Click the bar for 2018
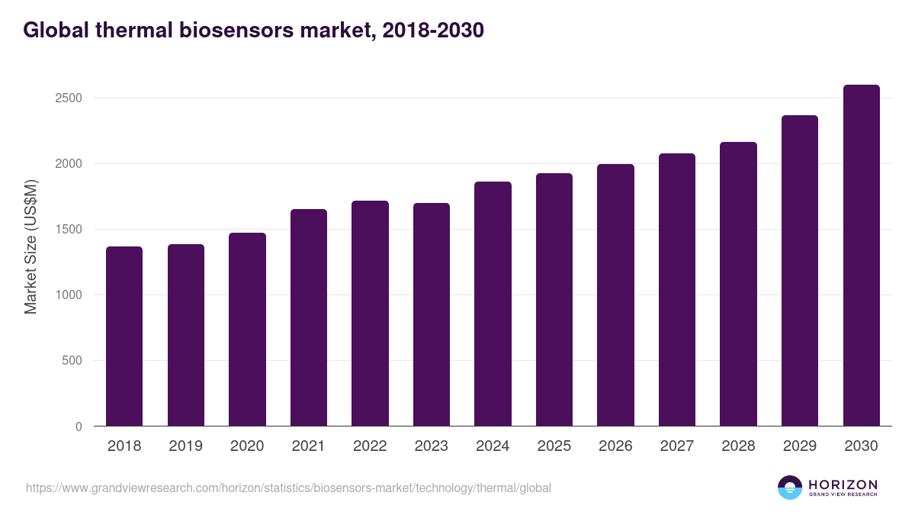(x=124, y=336)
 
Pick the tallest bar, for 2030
(x=861, y=256)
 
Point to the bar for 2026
(x=615, y=295)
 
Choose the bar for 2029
(x=799, y=271)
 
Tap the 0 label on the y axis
(x=79, y=426)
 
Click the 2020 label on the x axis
(x=247, y=446)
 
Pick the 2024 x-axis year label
(x=493, y=446)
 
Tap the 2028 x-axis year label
(x=738, y=446)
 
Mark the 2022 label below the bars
(x=370, y=446)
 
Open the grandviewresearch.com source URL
(x=288, y=488)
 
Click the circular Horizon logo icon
(x=790, y=488)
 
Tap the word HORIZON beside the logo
(x=843, y=484)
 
